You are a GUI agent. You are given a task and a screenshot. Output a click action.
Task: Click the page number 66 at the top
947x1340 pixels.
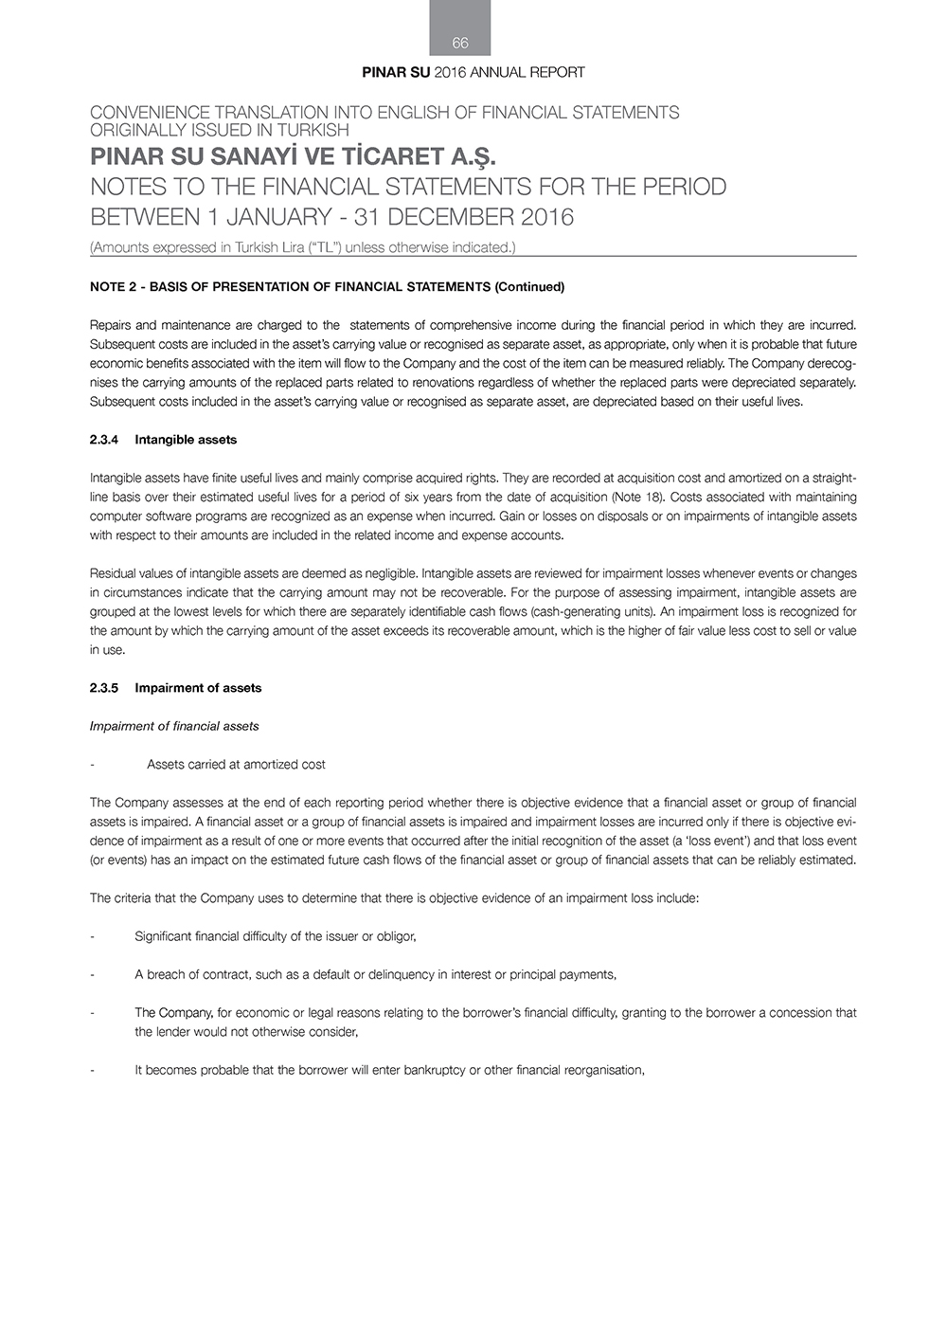[460, 43]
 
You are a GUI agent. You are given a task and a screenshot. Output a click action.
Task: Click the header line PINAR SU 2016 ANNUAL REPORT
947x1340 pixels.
[473, 72]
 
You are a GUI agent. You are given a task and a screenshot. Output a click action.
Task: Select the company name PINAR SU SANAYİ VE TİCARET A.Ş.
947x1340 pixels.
[293, 155]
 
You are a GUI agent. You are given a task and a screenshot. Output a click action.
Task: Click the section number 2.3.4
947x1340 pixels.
[104, 440]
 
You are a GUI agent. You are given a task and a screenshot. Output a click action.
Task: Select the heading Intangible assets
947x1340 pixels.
[186, 440]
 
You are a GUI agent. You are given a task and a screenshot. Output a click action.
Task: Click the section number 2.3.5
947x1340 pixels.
[104, 688]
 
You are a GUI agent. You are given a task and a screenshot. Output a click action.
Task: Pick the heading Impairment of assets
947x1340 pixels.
[198, 688]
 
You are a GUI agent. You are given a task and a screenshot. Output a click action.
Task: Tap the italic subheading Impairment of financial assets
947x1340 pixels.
[174, 726]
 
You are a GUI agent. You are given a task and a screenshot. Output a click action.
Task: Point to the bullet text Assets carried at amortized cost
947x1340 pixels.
[236, 764]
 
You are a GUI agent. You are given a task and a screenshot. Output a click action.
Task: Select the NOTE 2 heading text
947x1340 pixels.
[327, 286]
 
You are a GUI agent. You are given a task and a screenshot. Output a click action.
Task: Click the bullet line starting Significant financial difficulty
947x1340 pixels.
[276, 936]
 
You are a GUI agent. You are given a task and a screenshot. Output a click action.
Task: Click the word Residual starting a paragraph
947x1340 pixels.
[113, 573]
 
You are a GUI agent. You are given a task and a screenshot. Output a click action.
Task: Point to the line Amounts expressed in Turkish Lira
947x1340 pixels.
[302, 247]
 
